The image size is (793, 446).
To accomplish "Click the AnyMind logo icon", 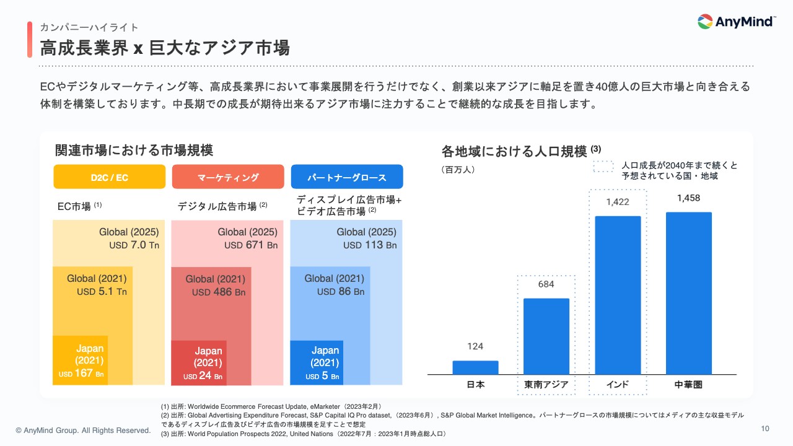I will coord(705,22).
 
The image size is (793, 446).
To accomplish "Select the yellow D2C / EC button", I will coord(110,177).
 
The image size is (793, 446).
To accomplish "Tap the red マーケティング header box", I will coord(228,177).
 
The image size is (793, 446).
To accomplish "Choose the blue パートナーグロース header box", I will coord(347,177).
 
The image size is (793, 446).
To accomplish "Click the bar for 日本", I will coord(475,367).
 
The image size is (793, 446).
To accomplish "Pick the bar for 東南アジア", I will coord(546,336).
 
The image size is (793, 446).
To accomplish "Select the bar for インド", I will coord(618,295).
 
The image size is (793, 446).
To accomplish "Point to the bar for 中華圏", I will coord(688,293).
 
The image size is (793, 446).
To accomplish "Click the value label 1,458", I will coord(688,198).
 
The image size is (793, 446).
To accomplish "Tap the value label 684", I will coord(546,284).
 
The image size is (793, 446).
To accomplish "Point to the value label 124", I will coord(475,346).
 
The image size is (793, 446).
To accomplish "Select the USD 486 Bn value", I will coord(218,292).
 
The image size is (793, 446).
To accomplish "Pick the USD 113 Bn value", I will coord(370,245).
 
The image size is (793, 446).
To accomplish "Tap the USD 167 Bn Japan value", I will coord(81,374).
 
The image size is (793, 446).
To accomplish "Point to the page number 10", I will coord(765,429).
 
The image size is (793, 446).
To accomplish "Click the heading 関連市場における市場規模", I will coord(134,150).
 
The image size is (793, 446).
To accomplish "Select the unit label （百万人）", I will coord(458,169).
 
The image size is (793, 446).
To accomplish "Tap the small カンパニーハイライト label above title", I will coord(89,27).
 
